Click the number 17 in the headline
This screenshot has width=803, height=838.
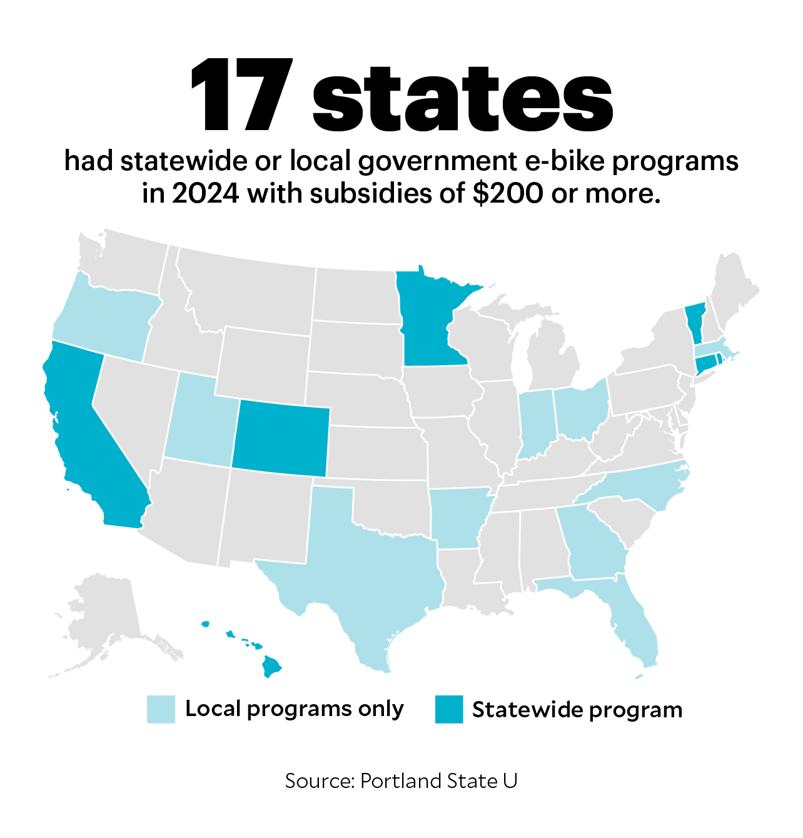(241, 95)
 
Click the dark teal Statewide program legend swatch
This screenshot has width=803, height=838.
(449, 709)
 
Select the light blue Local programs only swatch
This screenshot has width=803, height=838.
(161, 709)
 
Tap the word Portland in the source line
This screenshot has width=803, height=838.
(401, 781)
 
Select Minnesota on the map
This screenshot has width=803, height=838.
(428, 319)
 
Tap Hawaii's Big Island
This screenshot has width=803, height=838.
(271, 666)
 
